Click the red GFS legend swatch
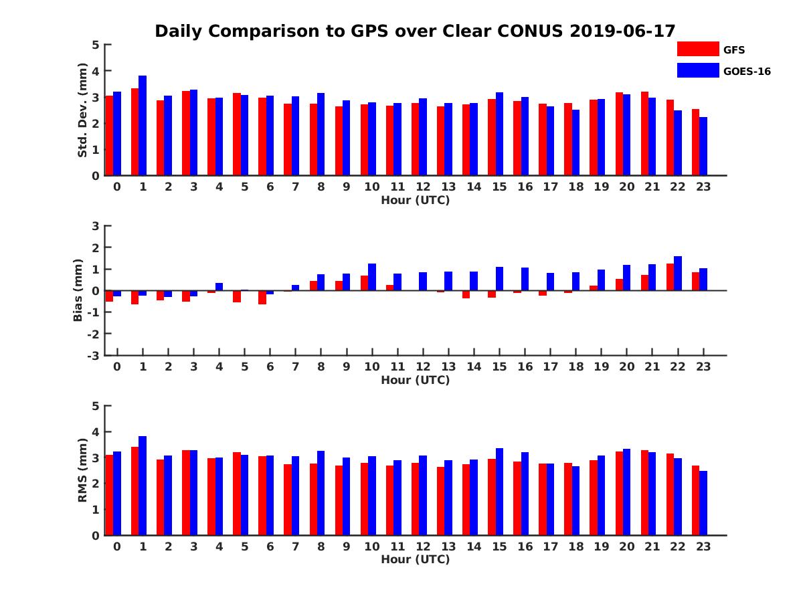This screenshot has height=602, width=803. tap(697, 49)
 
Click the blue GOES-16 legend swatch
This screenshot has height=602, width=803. tap(697, 70)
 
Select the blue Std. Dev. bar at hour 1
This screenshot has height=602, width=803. tap(143, 126)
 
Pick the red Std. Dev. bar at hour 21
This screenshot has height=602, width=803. tap(645, 134)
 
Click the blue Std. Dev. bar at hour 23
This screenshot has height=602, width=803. tap(703, 146)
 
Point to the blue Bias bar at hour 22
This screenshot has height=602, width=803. tap(678, 274)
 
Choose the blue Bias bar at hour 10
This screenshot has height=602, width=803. tap(372, 277)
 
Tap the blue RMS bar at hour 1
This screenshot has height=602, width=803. tap(143, 486)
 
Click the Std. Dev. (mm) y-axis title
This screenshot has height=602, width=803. tap(83, 110)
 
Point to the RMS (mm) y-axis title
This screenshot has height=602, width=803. tap(83, 470)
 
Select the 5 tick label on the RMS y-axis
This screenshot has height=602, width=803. tap(96, 406)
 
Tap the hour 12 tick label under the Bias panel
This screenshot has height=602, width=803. tap(423, 367)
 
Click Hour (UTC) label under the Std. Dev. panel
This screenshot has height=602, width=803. tap(415, 200)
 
